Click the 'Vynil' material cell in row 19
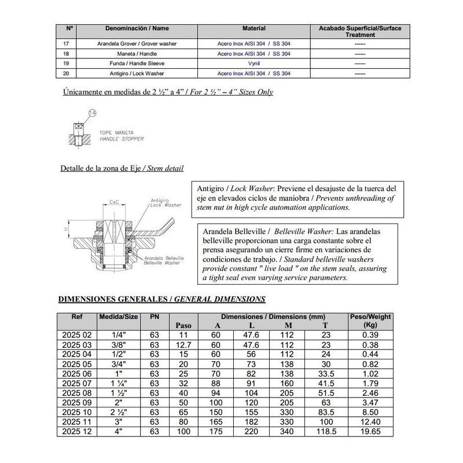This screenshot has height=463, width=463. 253,63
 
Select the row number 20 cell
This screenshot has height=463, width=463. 69,74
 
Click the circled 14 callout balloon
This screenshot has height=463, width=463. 91,113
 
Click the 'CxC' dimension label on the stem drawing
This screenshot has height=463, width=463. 115,203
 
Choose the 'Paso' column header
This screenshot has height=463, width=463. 183,325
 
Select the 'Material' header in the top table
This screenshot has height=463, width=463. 253,27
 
